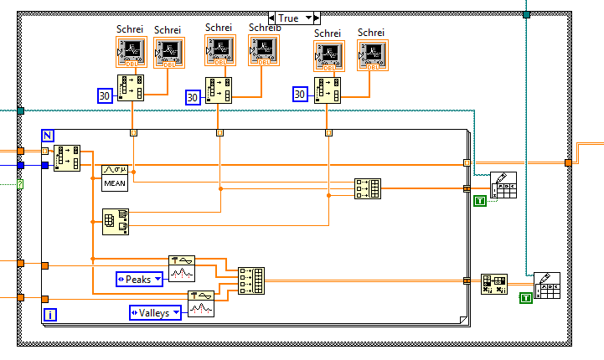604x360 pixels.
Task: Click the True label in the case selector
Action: tap(289, 18)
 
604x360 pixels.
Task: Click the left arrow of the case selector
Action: tap(272, 18)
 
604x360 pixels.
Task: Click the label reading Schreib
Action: tap(265, 28)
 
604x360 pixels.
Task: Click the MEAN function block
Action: tap(115, 175)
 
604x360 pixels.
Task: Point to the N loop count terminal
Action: tap(47, 136)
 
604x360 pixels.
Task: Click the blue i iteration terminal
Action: tap(49, 315)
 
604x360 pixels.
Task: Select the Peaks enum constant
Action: tap(139, 279)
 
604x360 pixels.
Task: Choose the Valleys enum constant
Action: tap(156, 312)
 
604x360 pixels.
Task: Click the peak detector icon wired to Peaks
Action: tap(183, 268)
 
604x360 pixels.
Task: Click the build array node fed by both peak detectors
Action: tap(250, 280)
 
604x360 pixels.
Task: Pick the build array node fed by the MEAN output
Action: tap(368, 188)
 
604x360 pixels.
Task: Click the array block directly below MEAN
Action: tap(115, 219)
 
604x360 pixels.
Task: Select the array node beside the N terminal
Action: tap(67, 157)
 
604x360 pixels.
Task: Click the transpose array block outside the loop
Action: tap(494, 285)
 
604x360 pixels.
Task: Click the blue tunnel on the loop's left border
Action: tap(44, 165)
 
